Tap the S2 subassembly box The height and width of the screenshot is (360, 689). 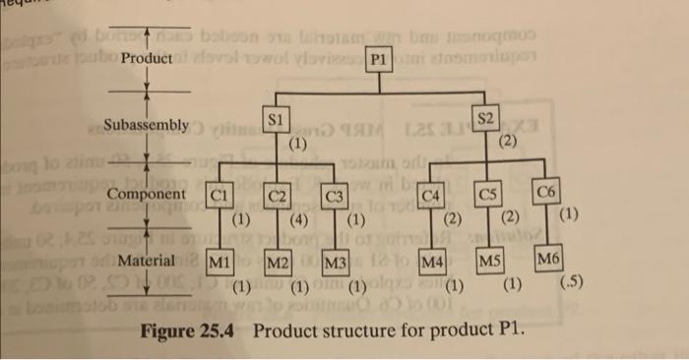coord(485,118)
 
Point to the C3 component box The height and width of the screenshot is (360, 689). coord(336,194)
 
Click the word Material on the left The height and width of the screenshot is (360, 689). coord(147,262)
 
